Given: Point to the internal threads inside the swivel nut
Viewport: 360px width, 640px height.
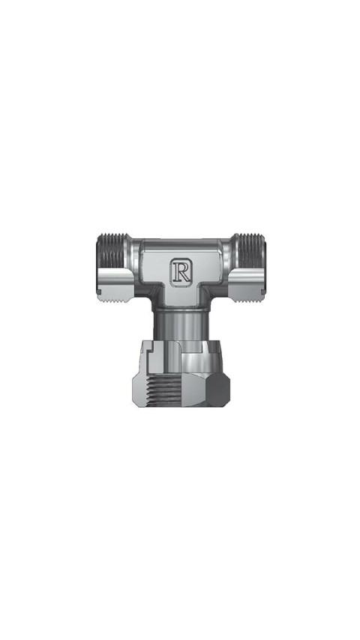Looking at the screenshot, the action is pyautogui.click(x=163, y=390).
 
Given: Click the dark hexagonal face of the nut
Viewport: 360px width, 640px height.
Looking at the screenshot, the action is pyautogui.click(x=217, y=390).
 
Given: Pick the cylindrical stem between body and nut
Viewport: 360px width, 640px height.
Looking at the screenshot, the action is pyautogui.click(x=180, y=324).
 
